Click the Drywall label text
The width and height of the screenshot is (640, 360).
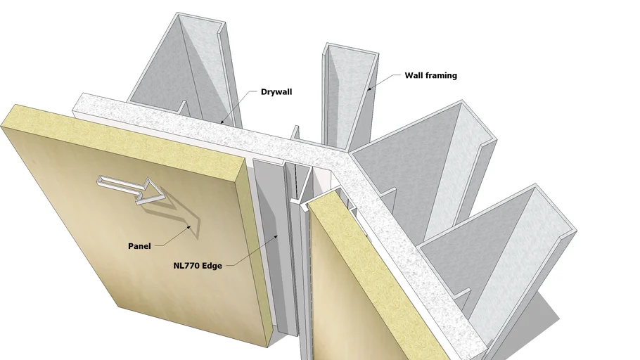click(x=276, y=91)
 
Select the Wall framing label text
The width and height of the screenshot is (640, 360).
click(x=430, y=75)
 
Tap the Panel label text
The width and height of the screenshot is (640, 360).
click(x=139, y=246)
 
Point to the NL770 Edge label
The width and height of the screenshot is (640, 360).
click(x=198, y=266)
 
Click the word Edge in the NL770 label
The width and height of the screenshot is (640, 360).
click(x=212, y=266)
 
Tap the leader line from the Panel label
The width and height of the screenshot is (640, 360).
click(x=172, y=238)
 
